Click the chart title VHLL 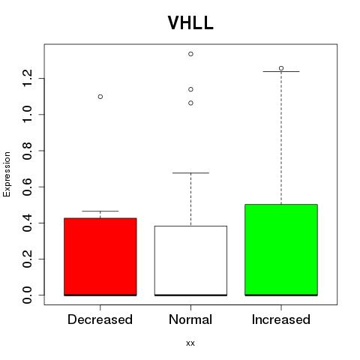[x=190, y=22]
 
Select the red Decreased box [x=100, y=256]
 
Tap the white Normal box [x=190, y=261]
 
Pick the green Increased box [x=281, y=250]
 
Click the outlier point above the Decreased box [x=100, y=97]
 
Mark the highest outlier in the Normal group [x=190, y=54]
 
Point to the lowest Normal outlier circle [x=190, y=103]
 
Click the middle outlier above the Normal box [x=190, y=89]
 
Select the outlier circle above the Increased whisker [x=281, y=68]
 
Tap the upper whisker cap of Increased [x=281, y=71]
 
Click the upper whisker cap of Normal [x=190, y=172]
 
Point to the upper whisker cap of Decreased [x=100, y=211]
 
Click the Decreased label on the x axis [x=100, y=319]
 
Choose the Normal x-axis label [x=190, y=319]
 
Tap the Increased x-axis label [x=281, y=319]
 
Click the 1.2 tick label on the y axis [x=27, y=78]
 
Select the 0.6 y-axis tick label [x=27, y=187]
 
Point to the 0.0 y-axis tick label [x=27, y=295]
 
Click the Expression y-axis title [x=7, y=174]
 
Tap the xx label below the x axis [x=190, y=343]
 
